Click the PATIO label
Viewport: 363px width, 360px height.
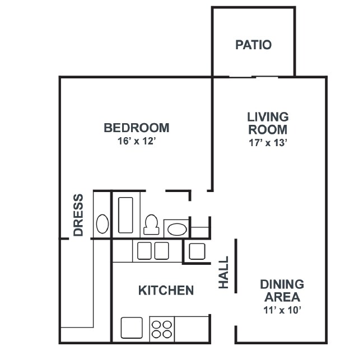253,45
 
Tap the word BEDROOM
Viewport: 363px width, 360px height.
136,128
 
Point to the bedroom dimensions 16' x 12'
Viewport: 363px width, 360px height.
136,142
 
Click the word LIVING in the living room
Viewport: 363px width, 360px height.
268,117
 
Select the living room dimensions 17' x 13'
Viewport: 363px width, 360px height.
268,143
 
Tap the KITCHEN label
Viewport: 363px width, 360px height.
166,290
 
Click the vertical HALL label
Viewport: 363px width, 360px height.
224,273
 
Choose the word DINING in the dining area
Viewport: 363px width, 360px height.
282,284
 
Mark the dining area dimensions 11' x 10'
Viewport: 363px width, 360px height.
282,310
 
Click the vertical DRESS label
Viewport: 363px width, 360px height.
78,214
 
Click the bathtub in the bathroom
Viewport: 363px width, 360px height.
125,214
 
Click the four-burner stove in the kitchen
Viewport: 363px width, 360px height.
162,328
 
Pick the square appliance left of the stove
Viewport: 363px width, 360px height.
132,328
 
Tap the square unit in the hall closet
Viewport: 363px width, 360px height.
197,251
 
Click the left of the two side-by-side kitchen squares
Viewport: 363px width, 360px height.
145,251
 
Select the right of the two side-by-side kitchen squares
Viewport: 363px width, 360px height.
161,251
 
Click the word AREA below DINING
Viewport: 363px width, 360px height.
282,297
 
